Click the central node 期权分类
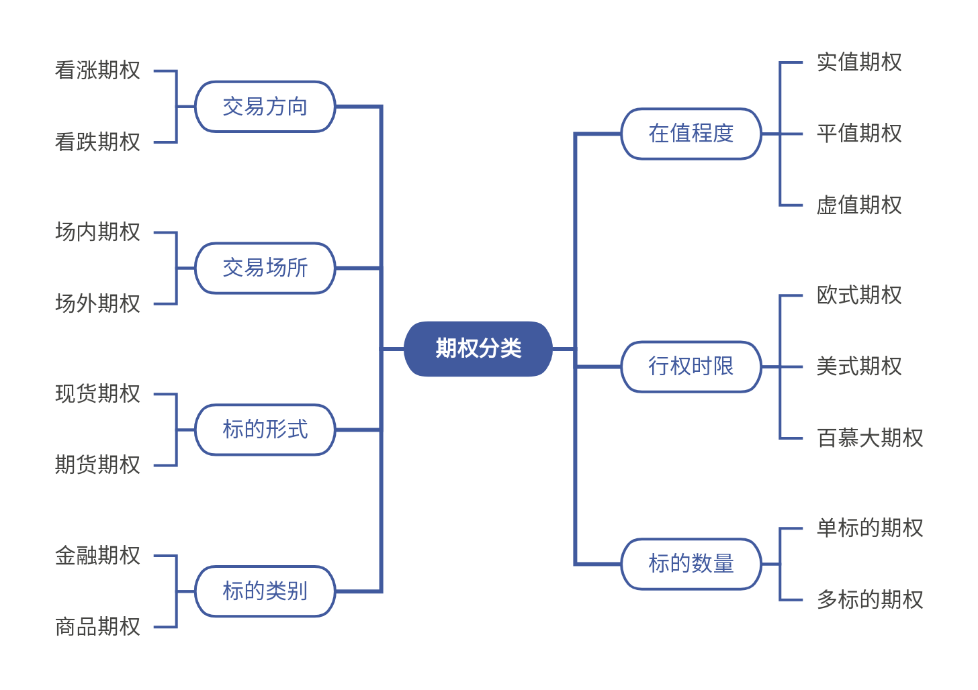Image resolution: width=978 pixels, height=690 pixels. [x=478, y=348]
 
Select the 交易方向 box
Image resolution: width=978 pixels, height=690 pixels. [x=265, y=107]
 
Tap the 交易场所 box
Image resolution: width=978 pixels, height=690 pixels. [x=265, y=268]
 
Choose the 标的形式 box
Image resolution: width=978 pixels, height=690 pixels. [x=265, y=430]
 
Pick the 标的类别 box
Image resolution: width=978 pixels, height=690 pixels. [x=265, y=591]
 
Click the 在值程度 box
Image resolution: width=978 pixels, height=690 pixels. [x=691, y=134]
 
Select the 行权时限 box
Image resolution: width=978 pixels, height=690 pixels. [x=691, y=366]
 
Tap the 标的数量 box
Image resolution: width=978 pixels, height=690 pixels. [x=691, y=564]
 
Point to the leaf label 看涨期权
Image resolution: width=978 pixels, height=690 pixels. [x=97, y=70]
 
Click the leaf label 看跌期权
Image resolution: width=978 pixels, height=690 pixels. [x=97, y=142]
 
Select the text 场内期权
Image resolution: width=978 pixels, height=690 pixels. [x=97, y=232]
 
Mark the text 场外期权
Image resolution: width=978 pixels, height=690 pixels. [x=97, y=304]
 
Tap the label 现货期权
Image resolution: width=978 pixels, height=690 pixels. [x=97, y=394]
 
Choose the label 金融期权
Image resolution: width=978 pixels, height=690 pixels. [x=97, y=556]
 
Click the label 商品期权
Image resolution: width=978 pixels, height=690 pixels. [x=97, y=627]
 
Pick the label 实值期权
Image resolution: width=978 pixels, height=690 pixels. [x=858, y=62]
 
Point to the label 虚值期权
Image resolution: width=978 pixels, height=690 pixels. [x=858, y=205]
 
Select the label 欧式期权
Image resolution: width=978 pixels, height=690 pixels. [x=858, y=295]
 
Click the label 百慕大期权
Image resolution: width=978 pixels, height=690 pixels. [x=869, y=438]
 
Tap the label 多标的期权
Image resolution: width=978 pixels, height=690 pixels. [x=869, y=600]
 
